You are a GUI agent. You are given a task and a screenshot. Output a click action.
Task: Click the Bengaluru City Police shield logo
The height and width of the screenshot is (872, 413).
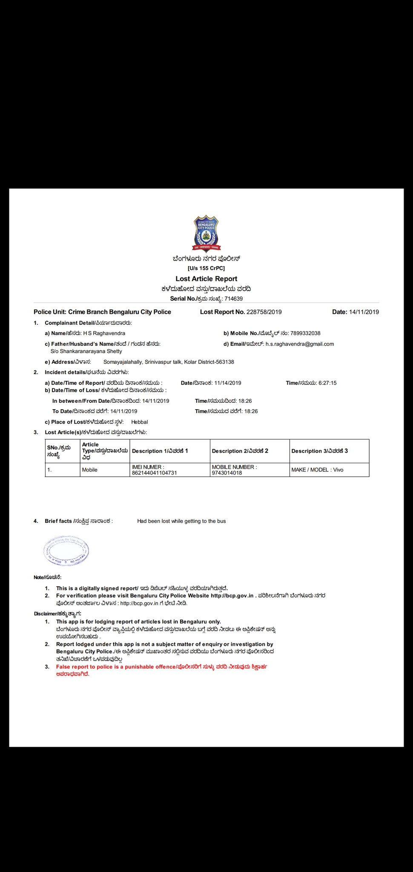[206, 234]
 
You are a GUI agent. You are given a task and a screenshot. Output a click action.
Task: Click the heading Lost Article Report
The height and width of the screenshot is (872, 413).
[206, 278]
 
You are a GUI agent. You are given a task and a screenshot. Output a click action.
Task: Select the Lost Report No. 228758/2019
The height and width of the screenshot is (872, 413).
[264, 312]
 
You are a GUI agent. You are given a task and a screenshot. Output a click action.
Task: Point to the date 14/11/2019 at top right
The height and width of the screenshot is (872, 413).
[364, 312]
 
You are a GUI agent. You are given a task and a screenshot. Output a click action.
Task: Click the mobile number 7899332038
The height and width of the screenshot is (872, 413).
[305, 333]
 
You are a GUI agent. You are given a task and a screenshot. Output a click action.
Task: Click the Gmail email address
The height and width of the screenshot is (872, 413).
[300, 344]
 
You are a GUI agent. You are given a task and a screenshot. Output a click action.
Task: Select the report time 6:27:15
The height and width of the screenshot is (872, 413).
[327, 383]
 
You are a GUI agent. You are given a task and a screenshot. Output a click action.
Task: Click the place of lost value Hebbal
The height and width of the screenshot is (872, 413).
[139, 422]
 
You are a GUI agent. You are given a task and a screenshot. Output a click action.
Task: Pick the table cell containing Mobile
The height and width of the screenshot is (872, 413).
[90, 470]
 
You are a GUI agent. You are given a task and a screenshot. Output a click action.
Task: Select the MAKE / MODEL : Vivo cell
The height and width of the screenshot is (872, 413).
[317, 470]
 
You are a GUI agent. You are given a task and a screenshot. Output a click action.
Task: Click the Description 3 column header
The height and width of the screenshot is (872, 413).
[319, 451]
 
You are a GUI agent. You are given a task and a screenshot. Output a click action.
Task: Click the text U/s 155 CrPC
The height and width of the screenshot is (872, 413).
[206, 268]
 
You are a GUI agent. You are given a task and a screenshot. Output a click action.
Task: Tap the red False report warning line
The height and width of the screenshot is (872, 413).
[161, 667]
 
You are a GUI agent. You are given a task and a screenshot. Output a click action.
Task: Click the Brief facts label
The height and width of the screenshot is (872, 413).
[58, 521]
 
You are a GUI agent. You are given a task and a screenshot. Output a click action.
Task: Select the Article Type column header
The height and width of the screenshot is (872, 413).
[105, 451]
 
